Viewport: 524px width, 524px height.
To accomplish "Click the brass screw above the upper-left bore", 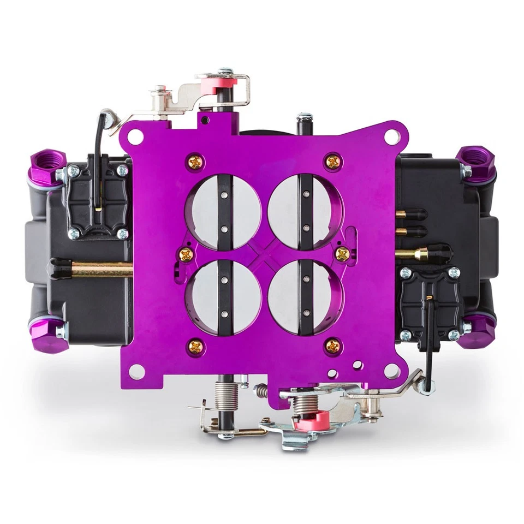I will point(194,161).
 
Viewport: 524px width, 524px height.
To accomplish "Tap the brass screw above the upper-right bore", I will point(332,161).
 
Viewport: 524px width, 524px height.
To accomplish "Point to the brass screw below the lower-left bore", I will point(194,345).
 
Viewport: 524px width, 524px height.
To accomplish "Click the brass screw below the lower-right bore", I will point(332,345).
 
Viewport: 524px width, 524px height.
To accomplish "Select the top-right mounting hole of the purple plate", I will point(391,136).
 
